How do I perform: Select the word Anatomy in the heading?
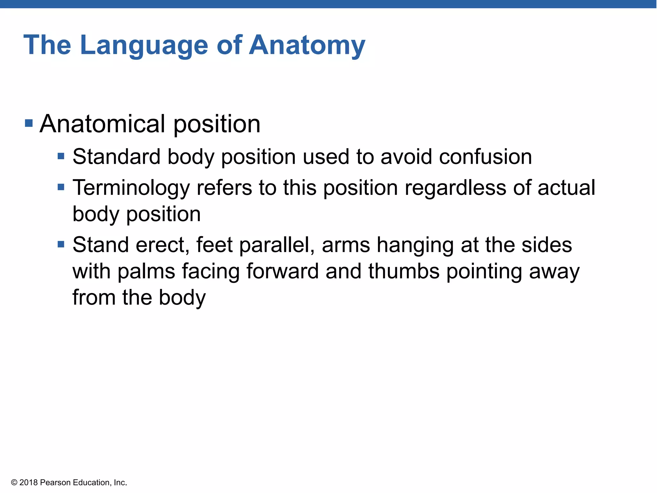(307, 46)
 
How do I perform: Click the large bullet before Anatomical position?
(29, 123)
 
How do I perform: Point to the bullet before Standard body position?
(61, 156)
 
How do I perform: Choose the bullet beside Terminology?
(61, 187)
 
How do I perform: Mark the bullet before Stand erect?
(61, 245)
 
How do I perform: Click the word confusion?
(485, 157)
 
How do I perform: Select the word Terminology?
(131, 188)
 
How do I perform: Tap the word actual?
(566, 187)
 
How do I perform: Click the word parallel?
(277, 245)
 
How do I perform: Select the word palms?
(146, 272)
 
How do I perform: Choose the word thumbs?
(404, 271)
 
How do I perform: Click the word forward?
(282, 271)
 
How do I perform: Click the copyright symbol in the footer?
(14, 483)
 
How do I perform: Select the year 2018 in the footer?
(29, 483)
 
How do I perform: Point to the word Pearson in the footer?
(55, 483)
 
